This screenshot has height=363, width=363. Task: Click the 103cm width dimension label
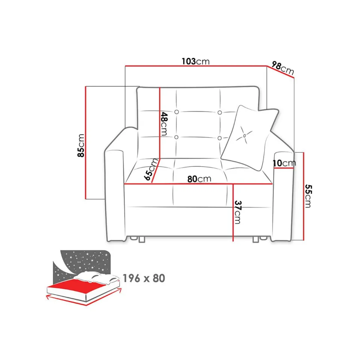coord(196,61)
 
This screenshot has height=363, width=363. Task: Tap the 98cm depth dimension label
coord(283,68)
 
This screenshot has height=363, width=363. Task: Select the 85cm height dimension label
coord(81,146)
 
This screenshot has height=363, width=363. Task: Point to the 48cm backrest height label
coord(164,124)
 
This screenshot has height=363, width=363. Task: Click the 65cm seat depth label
coord(151,170)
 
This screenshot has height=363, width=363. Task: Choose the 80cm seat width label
coord(199,179)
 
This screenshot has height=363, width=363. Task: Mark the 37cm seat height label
coord(238,212)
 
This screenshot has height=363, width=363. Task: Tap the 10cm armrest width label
coord(284,163)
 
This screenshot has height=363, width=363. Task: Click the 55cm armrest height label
coord(308,196)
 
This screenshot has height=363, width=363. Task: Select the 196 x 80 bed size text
coord(144,278)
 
